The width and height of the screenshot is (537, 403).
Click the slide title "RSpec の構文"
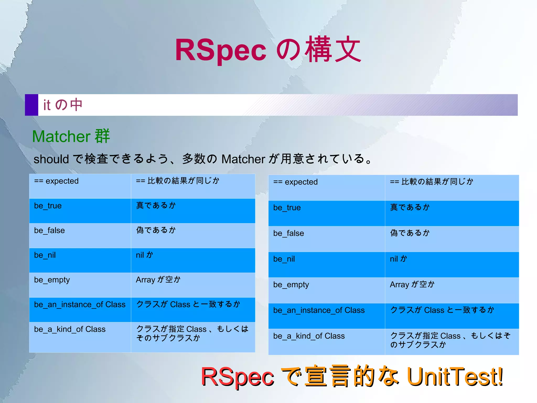268,50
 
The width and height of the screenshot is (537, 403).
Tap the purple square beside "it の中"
31,105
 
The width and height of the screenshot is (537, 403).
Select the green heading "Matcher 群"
71,136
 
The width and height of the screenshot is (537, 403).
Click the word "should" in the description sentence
51,159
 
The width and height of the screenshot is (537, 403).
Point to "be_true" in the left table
48,206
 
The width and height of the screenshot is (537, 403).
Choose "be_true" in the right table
287,208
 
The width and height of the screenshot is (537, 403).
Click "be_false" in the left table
49,231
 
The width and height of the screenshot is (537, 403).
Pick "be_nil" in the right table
284,259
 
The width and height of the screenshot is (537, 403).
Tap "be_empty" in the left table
52,280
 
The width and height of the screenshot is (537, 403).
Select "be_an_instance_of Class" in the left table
80,305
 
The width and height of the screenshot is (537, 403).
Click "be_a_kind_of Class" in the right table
309,336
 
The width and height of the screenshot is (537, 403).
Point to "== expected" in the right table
295,182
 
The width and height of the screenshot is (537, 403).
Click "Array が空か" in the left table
158,280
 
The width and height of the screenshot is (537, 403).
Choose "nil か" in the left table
144,255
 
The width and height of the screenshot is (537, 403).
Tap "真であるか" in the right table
410,207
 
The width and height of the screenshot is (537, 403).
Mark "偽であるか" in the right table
410,233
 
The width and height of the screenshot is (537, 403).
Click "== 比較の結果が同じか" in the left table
178,181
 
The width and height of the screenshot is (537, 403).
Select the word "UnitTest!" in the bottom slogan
455,376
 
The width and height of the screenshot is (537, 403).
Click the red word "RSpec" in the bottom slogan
237,377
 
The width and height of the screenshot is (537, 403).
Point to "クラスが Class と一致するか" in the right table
442,310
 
